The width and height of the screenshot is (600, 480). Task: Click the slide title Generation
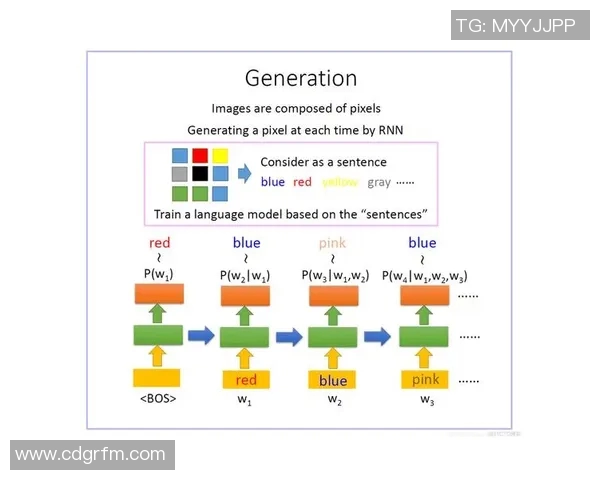tap(301, 77)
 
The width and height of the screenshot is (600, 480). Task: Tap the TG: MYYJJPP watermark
tap(515, 26)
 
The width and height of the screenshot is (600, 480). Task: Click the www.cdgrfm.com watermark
tap(91, 454)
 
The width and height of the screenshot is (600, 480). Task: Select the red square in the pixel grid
tap(200, 155)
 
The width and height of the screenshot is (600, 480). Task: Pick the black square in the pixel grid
tap(200, 174)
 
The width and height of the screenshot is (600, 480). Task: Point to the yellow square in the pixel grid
tap(220, 155)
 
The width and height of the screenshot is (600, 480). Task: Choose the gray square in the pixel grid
tap(180, 174)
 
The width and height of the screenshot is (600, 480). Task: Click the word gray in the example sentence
tap(379, 182)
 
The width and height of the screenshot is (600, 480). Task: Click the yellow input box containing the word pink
tap(425, 380)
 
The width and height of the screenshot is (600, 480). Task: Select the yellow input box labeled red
tap(245, 380)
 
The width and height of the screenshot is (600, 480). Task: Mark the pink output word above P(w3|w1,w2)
tap(333, 243)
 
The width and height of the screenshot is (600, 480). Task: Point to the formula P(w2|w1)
tap(246, 276)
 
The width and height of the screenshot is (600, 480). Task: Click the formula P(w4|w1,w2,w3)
tap(425, 276)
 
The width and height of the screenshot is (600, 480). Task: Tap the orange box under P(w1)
tap(158, 294)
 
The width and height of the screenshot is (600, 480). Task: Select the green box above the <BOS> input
tap(158, 335)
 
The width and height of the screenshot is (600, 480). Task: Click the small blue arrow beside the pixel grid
tap(244, 172)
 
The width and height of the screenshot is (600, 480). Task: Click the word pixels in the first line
tap(360, 108)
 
